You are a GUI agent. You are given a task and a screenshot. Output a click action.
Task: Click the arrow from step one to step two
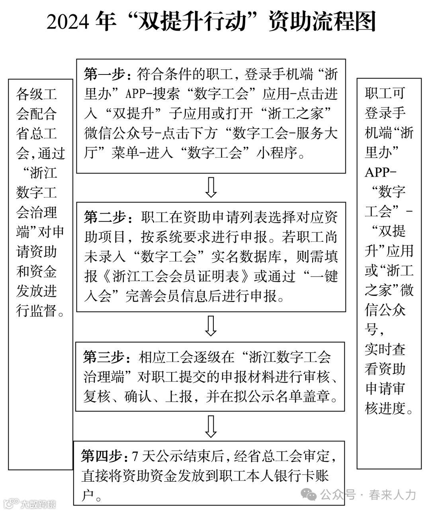(x=211, y=187)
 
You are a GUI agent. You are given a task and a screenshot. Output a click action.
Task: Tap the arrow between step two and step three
(x=211, y=326)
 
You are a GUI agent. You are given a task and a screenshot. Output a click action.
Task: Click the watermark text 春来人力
(x=392, y=495)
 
